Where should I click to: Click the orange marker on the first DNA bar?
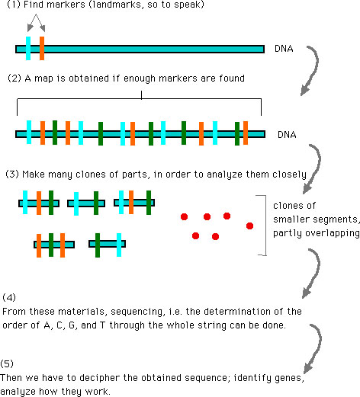coord(42,48)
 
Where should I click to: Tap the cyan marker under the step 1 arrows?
coord(28,48)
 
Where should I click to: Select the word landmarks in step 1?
coord(116,5)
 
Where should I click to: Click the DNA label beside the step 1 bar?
coord(284,49)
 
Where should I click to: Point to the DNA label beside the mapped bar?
coord(287,134)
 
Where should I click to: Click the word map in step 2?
coord(44,78)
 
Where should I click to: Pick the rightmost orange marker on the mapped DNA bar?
coord(246,133)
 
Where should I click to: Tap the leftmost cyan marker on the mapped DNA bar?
coord(29,133)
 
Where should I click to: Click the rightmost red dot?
coord(249,226)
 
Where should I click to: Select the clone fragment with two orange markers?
coord(54,245)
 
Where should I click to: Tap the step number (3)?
coord(12,174)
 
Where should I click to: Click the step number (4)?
coord(9,297)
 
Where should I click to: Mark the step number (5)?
coord(7,363)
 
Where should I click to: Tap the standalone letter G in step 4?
coord(72,325)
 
